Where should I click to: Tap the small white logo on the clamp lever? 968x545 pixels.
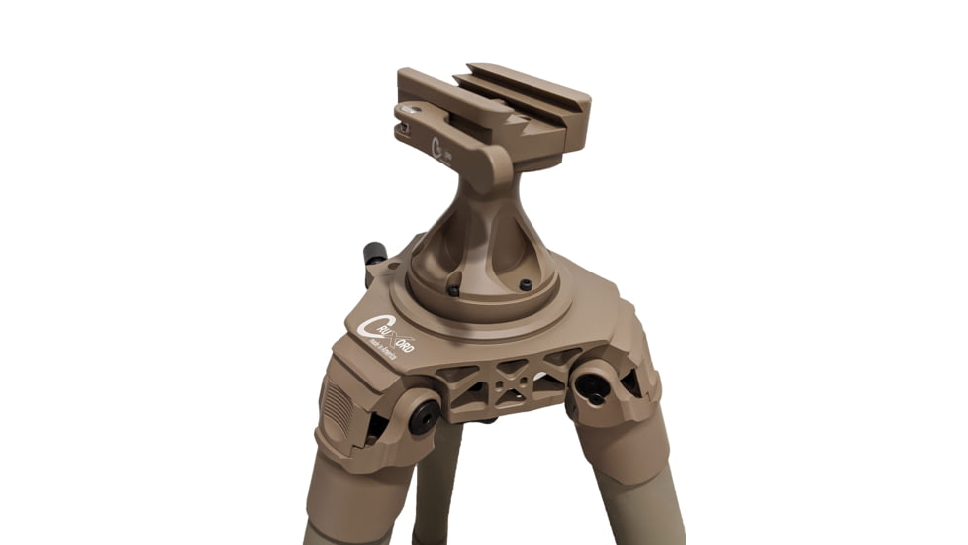tap(441, 152)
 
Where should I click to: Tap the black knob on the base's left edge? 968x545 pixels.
tap(374, 255)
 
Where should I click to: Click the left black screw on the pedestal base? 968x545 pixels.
tap(453, 290)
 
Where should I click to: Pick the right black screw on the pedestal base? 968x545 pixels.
tap(526, 285)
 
